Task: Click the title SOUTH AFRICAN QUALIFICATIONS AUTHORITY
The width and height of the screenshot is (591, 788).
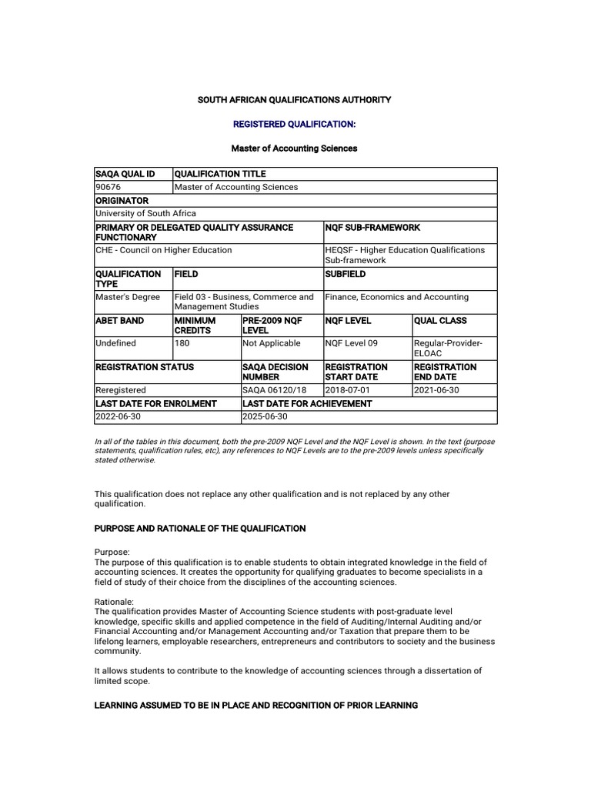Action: (295, 100)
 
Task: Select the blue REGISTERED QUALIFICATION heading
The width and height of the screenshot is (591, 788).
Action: (295, 124)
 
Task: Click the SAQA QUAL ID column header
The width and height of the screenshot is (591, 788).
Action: (125, 174)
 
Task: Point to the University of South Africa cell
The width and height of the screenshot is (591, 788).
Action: (145, 213)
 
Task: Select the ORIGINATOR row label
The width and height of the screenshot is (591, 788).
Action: (122, 200)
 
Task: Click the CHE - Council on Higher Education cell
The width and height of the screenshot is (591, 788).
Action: (163, 250)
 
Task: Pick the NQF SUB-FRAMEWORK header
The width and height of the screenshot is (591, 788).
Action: (372, 228)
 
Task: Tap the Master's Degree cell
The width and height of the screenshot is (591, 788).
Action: (128, 297)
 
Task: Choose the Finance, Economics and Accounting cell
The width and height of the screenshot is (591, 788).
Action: (396, 297)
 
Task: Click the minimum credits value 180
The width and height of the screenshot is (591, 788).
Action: (182, 343)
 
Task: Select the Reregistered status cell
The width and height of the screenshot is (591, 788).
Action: (120, 390)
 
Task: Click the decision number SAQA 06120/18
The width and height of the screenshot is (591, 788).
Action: (269, 390)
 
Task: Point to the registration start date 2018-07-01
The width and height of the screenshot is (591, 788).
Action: (348, 390)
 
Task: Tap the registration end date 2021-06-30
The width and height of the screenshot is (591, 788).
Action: (436, 390)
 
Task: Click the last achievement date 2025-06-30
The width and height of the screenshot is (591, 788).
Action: (265, 416)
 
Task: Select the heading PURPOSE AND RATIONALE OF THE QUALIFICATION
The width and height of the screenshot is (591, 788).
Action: (199, 529)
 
